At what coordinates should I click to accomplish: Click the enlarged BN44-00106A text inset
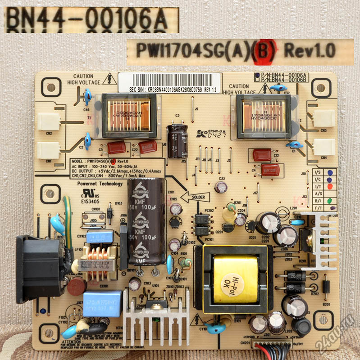point(91,20)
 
